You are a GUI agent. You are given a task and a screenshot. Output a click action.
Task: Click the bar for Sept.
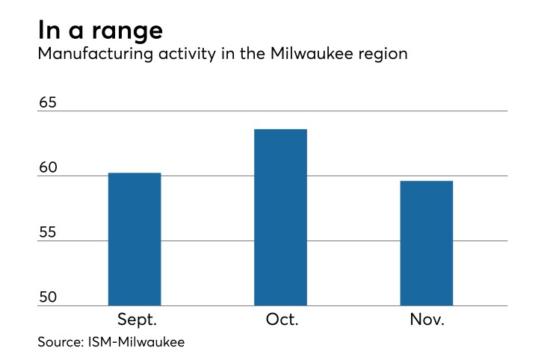coord(135,239)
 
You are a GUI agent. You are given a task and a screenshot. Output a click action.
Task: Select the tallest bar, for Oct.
coord(281,217)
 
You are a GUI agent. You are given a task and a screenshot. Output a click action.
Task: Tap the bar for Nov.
coord(427,243)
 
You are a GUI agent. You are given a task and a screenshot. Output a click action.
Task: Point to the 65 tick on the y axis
coord(49,103)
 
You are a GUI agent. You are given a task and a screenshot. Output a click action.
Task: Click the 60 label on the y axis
coord(49,168)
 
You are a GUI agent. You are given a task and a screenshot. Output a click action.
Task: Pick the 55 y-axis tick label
coord(49,233)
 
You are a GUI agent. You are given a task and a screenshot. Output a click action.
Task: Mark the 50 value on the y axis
coord(49,298)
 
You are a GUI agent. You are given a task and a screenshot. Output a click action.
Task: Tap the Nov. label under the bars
coord(427,320)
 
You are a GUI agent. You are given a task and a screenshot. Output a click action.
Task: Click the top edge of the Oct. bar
coord(281,130)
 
